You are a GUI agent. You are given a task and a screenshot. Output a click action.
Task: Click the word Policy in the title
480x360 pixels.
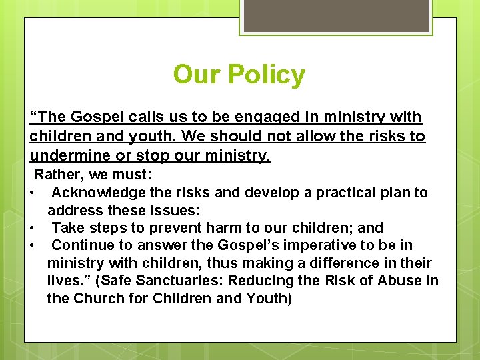coord(267,75)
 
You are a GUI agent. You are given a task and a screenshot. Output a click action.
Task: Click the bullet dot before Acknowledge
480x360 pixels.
coord(32,193)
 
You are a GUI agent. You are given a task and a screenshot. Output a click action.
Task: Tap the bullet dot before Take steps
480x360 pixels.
coord(32,229)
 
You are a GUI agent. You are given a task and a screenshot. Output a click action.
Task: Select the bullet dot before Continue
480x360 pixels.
coord(32,246)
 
